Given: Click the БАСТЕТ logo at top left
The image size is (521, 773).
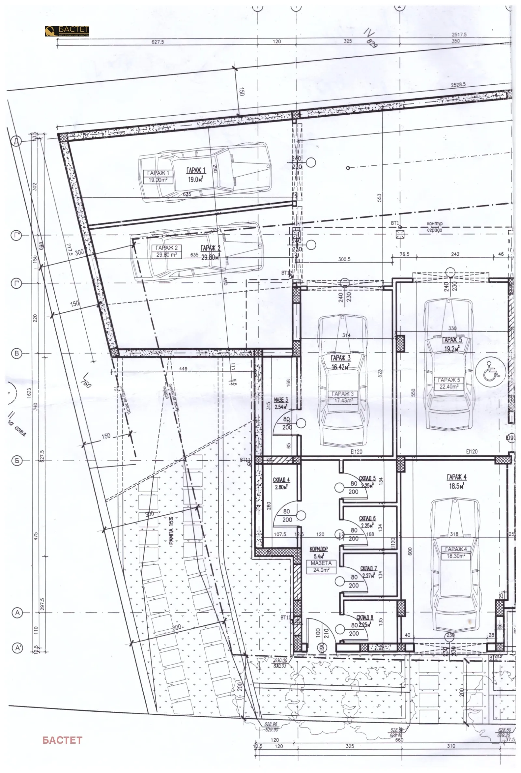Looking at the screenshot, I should [x=67, y=31].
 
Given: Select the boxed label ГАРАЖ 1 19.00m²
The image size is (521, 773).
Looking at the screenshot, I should [x=158, y=177].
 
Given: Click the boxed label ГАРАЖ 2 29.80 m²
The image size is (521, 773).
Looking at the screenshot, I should [x=166, y=251].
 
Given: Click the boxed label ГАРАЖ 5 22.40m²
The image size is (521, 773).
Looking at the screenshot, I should [x=449, y=383].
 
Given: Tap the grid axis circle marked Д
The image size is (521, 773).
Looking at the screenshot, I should [x=16, y=141].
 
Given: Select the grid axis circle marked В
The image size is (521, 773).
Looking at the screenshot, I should [x=17, y=353].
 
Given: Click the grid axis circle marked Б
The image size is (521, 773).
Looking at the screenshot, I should [x=17, y=461].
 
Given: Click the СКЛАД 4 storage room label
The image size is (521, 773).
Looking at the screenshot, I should [x=281, y=483].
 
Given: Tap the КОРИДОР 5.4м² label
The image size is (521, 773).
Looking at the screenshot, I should [x=318, y=552].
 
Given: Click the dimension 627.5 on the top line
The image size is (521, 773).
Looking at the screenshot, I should [x=158, y=42].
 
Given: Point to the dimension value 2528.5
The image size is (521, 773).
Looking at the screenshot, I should [x=458, y=85].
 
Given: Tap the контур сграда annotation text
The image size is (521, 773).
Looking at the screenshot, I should [x=435, y=226].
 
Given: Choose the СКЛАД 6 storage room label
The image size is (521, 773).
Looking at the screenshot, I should [x=367, y=522].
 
